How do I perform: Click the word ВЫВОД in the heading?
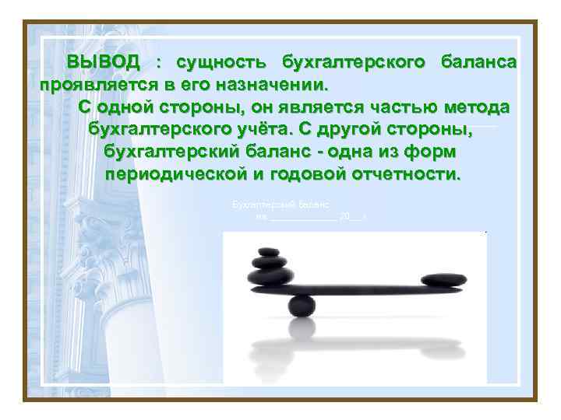pyautogui.click(x=103, y=61)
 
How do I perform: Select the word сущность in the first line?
pyautogui.click(x=222, y=61)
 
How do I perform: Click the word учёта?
pyautogui.click(x=319, y=128)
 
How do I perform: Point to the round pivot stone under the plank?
pyautogui.click(x=302, y=305)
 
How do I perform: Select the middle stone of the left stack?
pyautogui.click(x=267, y=263)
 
